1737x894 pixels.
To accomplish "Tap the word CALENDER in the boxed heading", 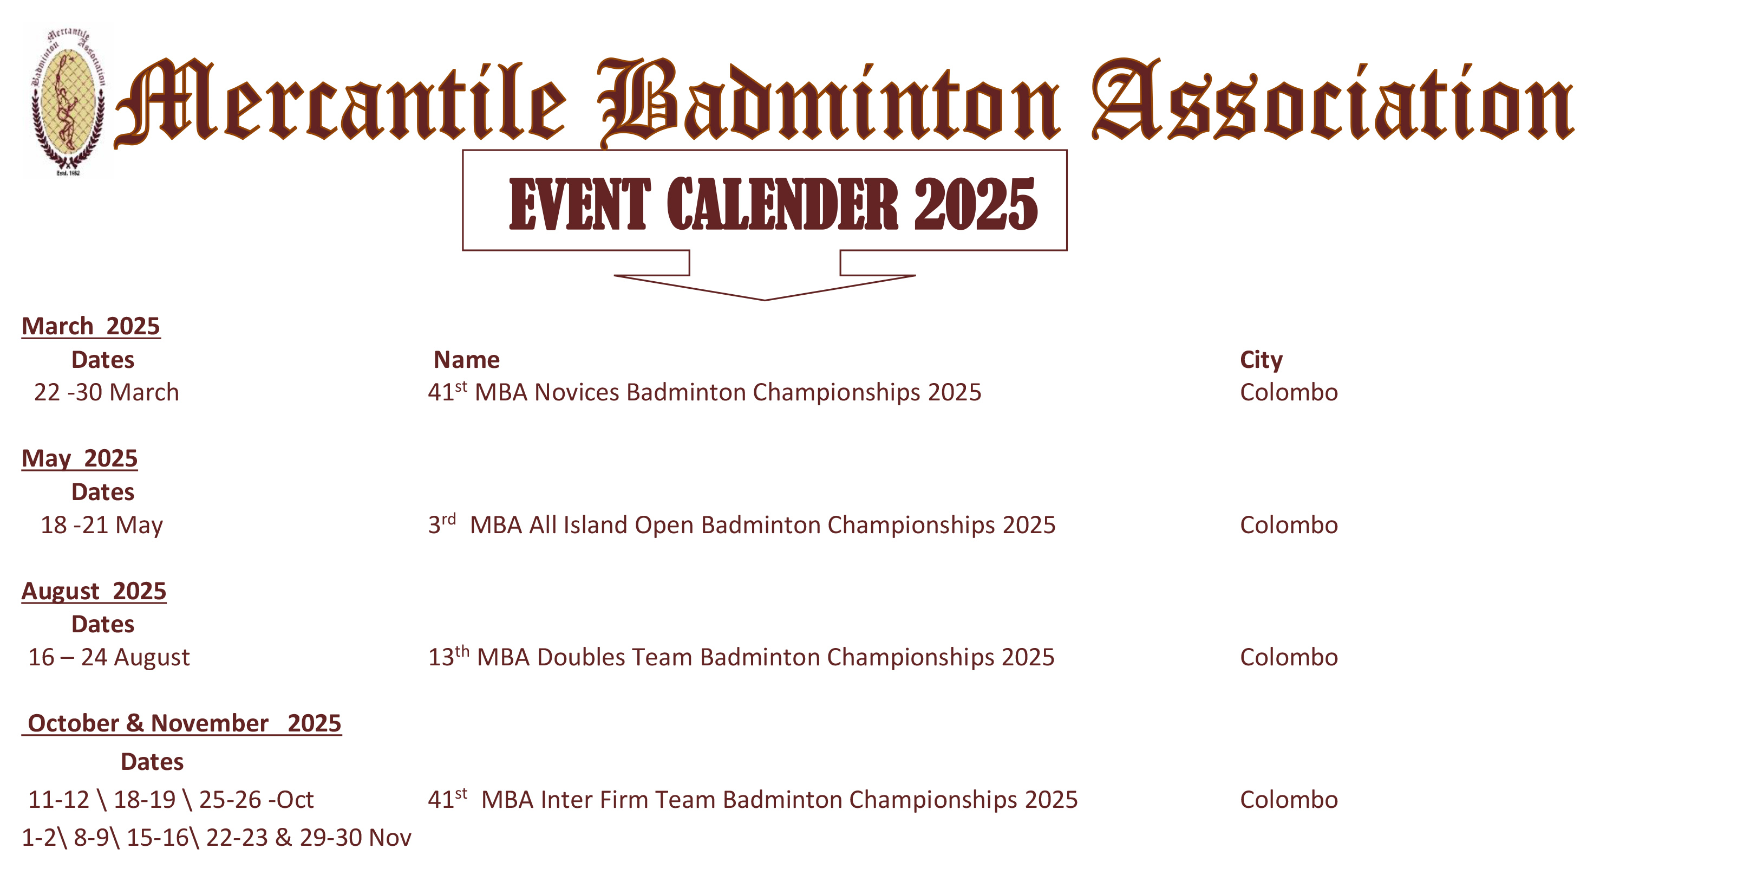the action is point(782,204).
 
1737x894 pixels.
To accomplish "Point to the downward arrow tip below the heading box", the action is point(765,300).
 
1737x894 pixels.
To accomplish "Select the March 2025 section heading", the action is point(91,327).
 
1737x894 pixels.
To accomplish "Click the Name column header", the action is point(467,360).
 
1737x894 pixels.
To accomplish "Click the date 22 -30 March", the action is point(107,392).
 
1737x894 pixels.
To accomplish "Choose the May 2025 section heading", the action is point(80,459).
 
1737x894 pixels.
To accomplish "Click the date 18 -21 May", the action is point(102,525).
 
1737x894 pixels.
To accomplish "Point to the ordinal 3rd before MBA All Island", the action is point(442,523).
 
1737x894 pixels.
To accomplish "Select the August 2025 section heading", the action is point(94,591).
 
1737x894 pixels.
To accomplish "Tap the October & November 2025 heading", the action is point(182,723).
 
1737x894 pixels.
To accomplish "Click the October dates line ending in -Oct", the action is point(171,800).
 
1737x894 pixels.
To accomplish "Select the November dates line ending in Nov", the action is point(217,837).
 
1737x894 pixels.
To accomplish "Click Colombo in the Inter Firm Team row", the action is point(1289,800).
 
